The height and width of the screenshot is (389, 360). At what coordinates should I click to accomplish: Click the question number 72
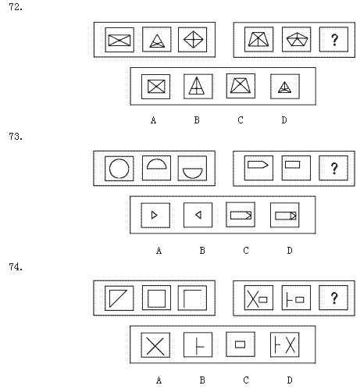tap(16, 7)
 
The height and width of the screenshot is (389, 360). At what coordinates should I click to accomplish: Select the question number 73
tap(16, 137)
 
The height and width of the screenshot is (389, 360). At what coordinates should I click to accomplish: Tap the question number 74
tap(16, 267)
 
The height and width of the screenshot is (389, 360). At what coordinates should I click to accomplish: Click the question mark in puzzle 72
tap(334, 40)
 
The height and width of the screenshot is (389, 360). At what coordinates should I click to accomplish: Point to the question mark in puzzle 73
tap(334, 169)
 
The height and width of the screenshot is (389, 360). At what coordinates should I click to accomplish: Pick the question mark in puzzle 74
tap(334, 298)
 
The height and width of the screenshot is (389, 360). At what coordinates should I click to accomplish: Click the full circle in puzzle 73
tap(119, 169)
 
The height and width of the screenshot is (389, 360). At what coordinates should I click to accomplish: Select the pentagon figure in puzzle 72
tap(297, 39)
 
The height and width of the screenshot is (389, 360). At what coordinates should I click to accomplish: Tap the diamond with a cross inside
tap(193, 40)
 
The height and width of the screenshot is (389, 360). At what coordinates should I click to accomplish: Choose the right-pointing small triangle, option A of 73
tap(155, 215)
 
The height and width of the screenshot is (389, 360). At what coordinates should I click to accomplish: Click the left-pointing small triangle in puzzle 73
tap(198, 215)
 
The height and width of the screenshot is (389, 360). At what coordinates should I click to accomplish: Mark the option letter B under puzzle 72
tap(197, 120)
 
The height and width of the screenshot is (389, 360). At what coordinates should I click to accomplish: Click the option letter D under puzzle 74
tap(290, 380)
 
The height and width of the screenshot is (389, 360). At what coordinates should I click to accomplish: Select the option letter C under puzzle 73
tap(246, 251)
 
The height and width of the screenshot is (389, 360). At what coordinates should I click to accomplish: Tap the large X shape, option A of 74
tap(155, 346)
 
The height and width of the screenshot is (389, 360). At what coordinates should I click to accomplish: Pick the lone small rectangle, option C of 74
tap(240, 344)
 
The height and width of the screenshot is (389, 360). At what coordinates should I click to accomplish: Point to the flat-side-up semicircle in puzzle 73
tap(193, 173)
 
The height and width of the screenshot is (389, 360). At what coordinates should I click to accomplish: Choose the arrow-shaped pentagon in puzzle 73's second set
tap(258, 165)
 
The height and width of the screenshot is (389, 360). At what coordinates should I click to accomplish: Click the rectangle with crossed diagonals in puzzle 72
tap(119, 41)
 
